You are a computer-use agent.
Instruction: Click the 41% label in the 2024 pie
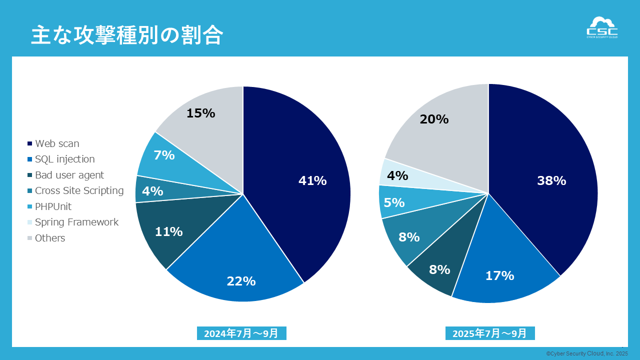point(312,181)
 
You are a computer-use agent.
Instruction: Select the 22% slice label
point(241,281)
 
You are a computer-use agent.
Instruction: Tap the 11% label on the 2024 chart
point(168,232)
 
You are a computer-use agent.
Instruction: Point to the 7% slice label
point(164,155)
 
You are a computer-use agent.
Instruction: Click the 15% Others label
point(200,113)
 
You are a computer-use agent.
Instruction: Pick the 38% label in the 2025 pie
point(551,181)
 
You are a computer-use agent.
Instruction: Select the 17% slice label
point(499,275)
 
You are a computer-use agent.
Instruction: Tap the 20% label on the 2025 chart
point(434,119)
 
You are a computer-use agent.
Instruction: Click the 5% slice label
point(394,202)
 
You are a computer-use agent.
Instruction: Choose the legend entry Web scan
point(57,144)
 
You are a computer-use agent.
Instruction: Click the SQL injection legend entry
point(64,159)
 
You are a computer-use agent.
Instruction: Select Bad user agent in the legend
point(69,175)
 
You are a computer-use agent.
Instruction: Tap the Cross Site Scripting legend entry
point(79,190)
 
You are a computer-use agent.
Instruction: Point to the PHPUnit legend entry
point(53,206)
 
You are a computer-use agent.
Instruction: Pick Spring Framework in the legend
point(76,222)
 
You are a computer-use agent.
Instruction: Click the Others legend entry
point(50,238)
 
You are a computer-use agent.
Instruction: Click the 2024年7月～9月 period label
point(241,333)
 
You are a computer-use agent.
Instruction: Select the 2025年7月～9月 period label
point(490,333)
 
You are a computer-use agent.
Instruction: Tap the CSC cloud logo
point(602,27)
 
